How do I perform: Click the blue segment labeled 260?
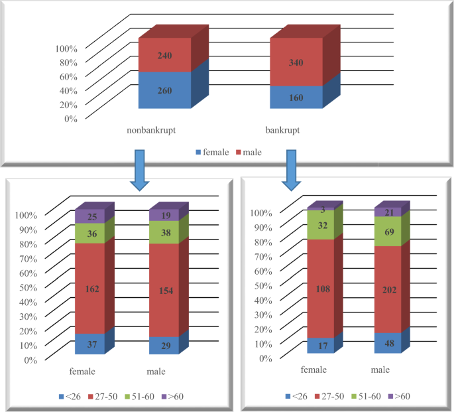[164, 90]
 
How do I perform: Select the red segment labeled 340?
[296, 62]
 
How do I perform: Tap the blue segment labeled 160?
[296, 97]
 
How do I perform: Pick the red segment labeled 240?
[164, 56]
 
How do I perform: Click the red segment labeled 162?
[89, 289]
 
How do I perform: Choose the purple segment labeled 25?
[89, 217]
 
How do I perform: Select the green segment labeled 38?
[164, 232]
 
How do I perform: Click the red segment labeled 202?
[390, 289]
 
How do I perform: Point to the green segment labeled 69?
[390, 232]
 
